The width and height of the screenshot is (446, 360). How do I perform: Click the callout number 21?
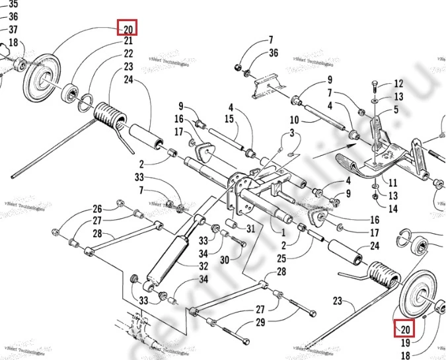pyautogui.click(x=128, y=41)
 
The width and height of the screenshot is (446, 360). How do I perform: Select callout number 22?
pyautogui.click(x=128, y=54)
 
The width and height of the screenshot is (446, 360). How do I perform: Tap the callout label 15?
pyautogui.click(x=229, y=119)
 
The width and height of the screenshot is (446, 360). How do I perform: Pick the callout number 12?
pyautogui.click(x=398, y=84)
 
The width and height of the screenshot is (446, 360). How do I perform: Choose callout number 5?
pyautogui.click(x=396, y=110)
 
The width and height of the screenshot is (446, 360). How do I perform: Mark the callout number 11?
pyautogui.click(x=392, y=183)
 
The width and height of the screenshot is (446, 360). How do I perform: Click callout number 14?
pyautogui.click(x=392, y=209)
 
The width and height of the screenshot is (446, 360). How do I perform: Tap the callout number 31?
pyautogui.click(x=250, y=229)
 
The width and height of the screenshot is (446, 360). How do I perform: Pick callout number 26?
pyautogui.click(x=97, y=208)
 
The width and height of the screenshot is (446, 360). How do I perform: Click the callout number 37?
pyautogui.click(x=13, y=30)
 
